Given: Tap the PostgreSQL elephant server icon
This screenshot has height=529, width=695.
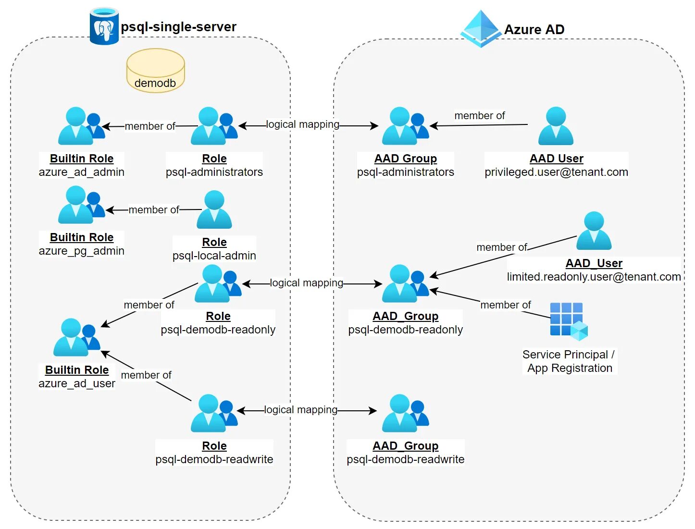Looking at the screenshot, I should click(104, 27).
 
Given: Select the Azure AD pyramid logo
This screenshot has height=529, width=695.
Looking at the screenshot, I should click(480, 29).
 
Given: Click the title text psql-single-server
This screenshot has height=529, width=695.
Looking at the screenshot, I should click(178, 27).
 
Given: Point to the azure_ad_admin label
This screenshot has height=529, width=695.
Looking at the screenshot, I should click(82, 172).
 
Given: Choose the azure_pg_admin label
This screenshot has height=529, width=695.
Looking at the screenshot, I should click(82, 251).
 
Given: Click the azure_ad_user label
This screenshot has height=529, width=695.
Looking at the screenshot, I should click(77, 383).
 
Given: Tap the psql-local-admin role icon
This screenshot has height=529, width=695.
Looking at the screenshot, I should click(214, 210).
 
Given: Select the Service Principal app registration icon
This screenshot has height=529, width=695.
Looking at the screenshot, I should click(569, 321).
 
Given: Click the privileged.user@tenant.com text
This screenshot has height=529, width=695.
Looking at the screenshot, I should click(556, 172).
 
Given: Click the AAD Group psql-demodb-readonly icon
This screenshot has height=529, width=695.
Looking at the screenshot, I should click(405, 283).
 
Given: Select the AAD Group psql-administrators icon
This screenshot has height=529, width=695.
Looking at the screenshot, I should click(405, 126).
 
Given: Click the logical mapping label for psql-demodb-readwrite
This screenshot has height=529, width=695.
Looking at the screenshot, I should click(301, 410).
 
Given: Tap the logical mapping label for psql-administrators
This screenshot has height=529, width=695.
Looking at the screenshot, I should click(303, 124).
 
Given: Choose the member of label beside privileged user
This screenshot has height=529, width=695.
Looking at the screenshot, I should click(480, 116).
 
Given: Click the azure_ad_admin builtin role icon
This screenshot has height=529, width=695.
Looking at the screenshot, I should click(81, 126).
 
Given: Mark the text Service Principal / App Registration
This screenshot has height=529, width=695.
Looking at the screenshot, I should click(569, 361).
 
